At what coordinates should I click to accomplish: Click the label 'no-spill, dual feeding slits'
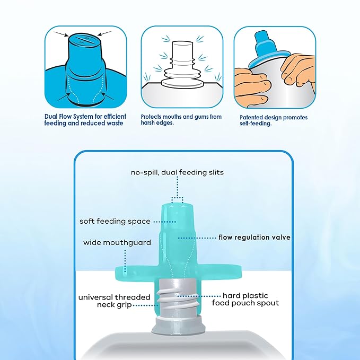click(x=177, y=172)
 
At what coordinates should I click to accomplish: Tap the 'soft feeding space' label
click(x=115, y=221)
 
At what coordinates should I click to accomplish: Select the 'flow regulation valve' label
click(x=254, y=237)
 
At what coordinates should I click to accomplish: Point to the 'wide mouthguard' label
click(x=117, y=242)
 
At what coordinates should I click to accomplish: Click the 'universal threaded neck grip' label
click(x=115, y=301)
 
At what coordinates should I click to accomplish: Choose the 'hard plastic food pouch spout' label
click(x=245, y=299)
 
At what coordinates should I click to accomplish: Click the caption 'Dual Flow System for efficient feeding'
click(x=85, y=120)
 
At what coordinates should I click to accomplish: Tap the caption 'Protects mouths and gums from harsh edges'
click(x=181, y=120)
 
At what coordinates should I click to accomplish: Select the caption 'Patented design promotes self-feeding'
click(x=274, y=120)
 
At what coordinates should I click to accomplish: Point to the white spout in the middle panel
click(x=182, y=64)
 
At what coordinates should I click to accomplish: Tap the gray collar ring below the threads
click(x=178, y=324)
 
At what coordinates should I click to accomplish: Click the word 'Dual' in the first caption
click(x=50, y=117)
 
